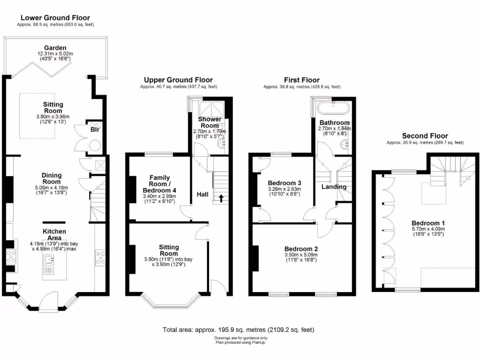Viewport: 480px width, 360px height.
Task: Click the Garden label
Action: point(55,48)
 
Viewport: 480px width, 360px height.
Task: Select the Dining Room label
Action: point(52,178)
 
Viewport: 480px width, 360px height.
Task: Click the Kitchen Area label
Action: point(54,234)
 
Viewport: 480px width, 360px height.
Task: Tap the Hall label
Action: point(202,195)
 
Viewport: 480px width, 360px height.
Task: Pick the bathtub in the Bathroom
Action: point(332,109)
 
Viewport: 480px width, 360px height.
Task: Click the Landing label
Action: point(334,187)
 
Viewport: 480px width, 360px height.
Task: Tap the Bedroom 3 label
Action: point(285,183)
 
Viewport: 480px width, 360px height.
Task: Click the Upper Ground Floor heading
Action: point(178,80)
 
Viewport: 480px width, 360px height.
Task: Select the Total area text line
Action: point(239,330)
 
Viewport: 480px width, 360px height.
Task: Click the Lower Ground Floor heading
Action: point(55,18)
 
